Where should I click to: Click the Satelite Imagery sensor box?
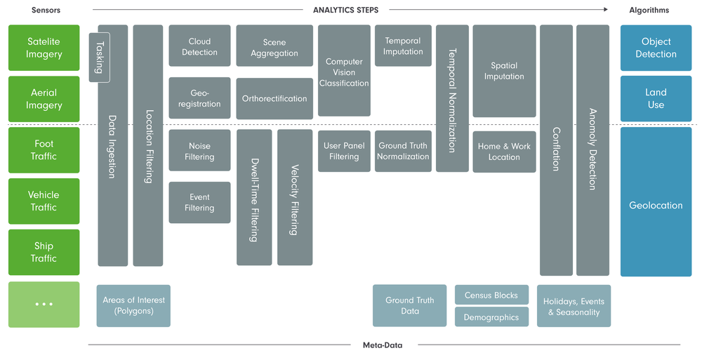tap(44, 48)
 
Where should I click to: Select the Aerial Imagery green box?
tap(44, 99)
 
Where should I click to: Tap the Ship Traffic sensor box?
tap(44, 252)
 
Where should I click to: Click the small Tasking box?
tap(99, 57)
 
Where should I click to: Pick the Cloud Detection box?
tap(199, 46)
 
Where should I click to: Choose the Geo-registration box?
tap(199, 98)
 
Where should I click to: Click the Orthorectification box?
tap(274, 99)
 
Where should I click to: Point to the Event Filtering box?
tap(199, 203)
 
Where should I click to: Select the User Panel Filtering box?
tap(344, 151)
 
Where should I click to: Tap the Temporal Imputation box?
tap(403, 46)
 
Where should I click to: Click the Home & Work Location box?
tap(504, 152)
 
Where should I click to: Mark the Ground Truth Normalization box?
tap(403, 151)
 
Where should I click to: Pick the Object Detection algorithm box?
tap(656, 48)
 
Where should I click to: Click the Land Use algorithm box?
tap(656, 99)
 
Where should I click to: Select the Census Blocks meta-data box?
tap(491, 295)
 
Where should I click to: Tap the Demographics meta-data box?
tap(491, 317)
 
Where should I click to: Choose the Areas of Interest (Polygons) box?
tap(133, 305)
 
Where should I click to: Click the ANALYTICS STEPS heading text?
tap(345, 10)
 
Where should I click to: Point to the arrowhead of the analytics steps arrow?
tap(605, 10)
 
